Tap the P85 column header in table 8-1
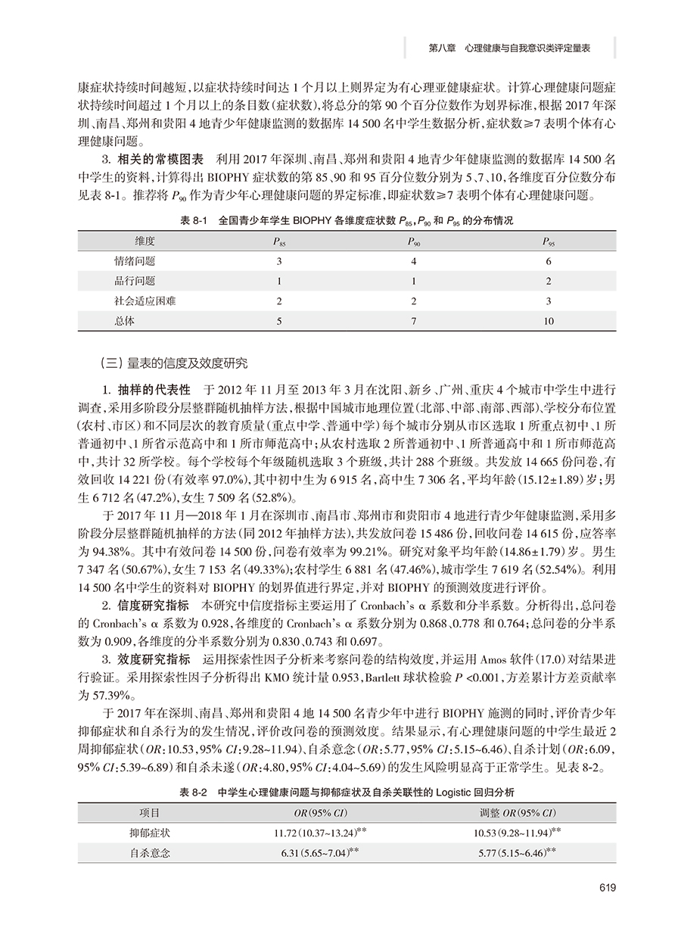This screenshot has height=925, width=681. pyautogui.click(x=279, y=241)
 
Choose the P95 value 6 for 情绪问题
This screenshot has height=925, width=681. pyautogui.click(x=549, y=261)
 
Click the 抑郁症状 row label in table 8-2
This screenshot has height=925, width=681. pyautogui.click(x=149, y=833)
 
